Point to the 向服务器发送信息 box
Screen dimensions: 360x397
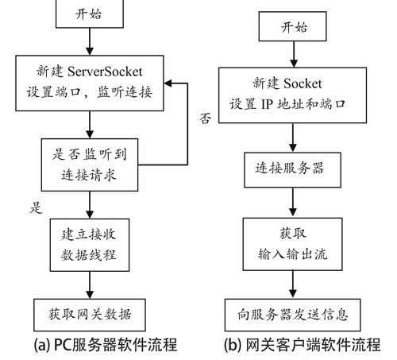(x=293, y=312)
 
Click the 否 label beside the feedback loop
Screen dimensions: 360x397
(x=204, y=119)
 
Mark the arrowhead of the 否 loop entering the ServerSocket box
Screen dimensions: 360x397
(x=168, y=83)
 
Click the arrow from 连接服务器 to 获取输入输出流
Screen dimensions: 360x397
(x=293, y=205)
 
